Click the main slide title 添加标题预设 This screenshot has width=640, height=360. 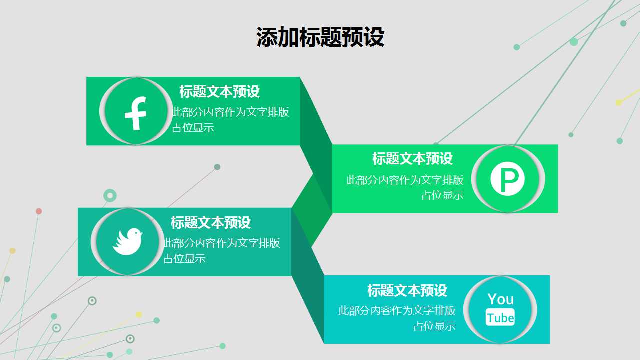(320, 37)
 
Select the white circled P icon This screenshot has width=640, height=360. (507, 179)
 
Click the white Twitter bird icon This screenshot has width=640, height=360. (127, 241)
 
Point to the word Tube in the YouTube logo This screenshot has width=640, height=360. (500, 318)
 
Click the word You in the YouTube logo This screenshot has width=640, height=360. (500, 299)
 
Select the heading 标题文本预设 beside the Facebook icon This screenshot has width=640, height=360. (219, 92)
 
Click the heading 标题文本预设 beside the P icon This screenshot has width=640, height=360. (412, 159)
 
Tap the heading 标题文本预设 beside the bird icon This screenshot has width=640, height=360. (211, 223)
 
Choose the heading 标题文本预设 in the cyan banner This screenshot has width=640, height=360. (407, 290)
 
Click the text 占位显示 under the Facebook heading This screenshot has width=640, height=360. (193, 128)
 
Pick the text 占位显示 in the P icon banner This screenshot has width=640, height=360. (442, 195)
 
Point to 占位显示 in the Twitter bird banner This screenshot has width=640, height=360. (185, 259)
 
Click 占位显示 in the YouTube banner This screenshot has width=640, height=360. (434, 326)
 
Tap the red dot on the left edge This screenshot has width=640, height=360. (39, 211)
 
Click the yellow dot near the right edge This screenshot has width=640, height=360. (619, 103)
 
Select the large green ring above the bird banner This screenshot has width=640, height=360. (110, 195)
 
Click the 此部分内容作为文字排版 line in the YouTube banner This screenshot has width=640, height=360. (397, 311)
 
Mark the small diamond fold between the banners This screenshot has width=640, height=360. (312, 210)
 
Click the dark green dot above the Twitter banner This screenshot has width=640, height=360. (217, 167)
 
